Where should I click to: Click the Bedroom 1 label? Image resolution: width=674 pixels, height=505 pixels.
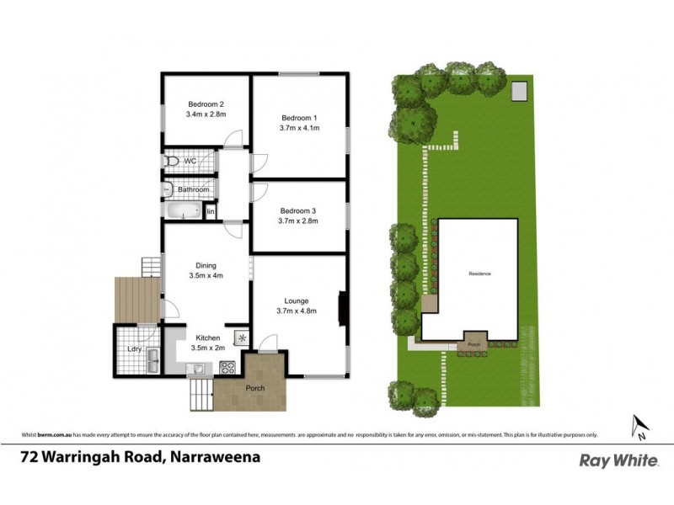(299, 117)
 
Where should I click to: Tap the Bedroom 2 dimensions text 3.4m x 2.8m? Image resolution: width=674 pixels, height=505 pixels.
(206, 114)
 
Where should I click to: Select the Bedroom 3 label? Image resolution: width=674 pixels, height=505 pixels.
(299, 210)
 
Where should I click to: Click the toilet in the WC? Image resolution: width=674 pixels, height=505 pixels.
(171, 160)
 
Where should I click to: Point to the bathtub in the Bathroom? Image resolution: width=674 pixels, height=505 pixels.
(183, 211)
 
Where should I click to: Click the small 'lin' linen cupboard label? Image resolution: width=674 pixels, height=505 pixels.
(211, 210)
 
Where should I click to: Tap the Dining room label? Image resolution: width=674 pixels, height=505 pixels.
(206, 266)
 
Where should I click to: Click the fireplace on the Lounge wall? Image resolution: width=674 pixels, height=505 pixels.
(342, 307)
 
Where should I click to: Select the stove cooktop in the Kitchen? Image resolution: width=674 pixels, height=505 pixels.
(227, 367)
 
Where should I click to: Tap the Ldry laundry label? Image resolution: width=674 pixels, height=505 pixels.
(134, 348)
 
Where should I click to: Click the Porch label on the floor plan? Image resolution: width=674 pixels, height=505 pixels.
(254, 388)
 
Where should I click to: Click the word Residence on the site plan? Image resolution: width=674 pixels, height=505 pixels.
(479, 274)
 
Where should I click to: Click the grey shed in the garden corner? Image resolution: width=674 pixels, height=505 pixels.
(519, 88)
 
